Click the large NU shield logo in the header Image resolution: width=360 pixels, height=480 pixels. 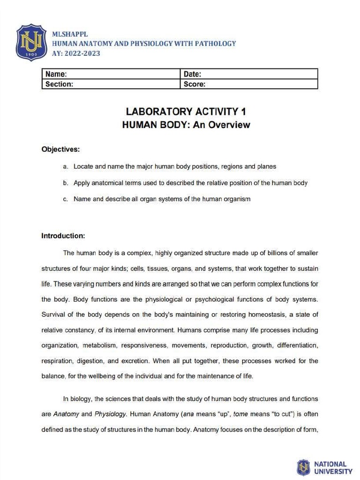(32, 43)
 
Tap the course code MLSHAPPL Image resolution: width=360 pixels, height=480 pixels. (70, 34)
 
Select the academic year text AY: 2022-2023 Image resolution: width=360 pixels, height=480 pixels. (75, 53)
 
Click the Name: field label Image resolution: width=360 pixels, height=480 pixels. (56, 74)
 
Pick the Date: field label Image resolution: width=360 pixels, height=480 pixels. (192, 74)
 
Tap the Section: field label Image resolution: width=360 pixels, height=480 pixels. (59, 84)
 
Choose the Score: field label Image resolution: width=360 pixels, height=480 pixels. (195, 84)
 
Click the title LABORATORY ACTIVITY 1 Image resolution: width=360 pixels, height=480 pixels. (186, 112)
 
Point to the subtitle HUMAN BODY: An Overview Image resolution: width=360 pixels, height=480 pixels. (186, 125)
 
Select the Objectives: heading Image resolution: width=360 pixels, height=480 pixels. (60, 150)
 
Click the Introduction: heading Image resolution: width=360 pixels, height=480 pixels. (63, 235)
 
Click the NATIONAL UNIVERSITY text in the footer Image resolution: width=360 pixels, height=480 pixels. (333, 467)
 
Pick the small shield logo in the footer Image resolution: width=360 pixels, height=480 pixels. (304, 467)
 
